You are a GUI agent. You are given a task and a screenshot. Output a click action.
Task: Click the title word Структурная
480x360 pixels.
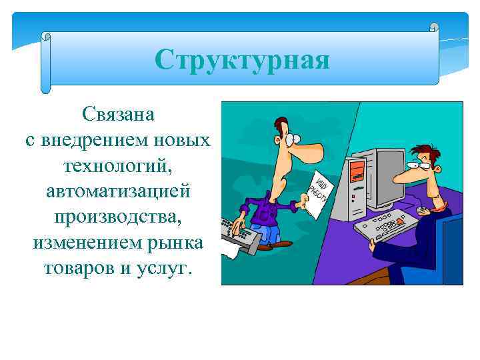[242, 60]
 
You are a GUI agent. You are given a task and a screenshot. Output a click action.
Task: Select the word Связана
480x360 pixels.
[119, 114]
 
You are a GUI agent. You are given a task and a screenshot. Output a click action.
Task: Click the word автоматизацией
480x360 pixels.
[119, 191]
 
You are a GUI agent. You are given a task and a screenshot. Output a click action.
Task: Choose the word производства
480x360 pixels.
[119, 217]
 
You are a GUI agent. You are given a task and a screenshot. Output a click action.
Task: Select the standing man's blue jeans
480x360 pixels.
[267, 233]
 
